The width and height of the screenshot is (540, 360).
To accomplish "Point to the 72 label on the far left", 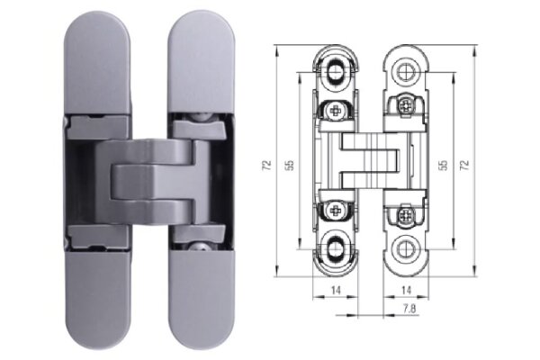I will pos(267,166).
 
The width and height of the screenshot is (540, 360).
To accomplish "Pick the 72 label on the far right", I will pos(464,166).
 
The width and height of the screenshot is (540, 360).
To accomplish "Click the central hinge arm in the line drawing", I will pos(369,162).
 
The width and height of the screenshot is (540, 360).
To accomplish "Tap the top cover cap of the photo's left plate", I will pos(97,63).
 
